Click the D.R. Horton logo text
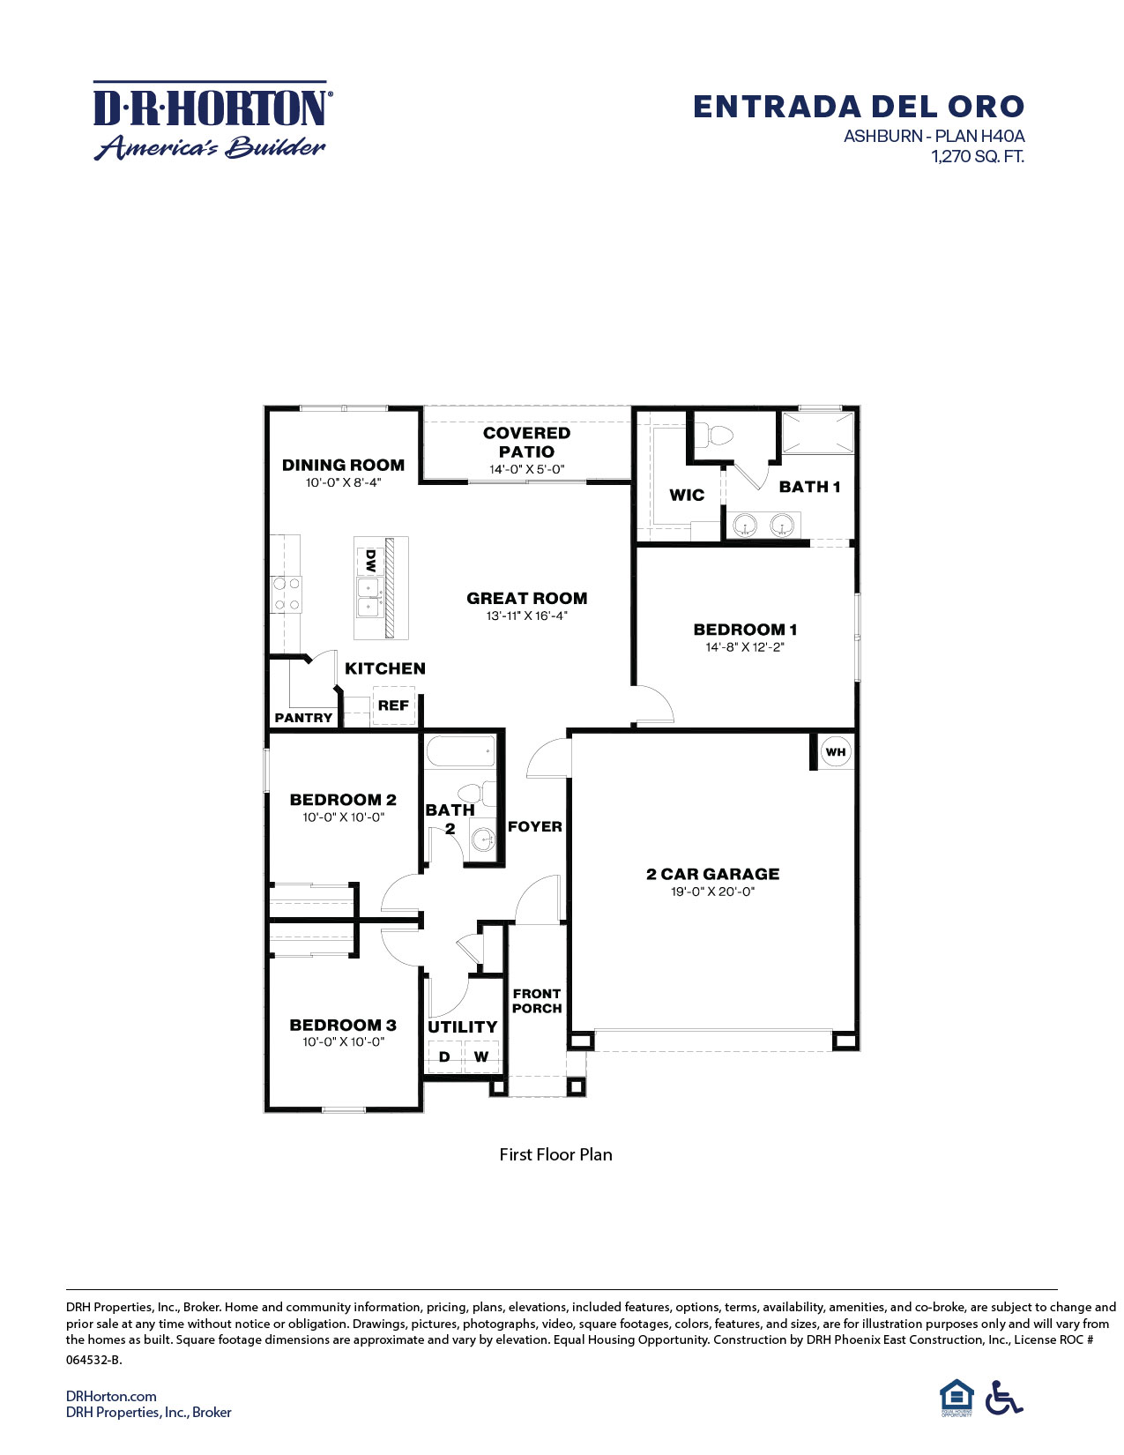coord(212,108)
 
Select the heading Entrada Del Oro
coord(858,107)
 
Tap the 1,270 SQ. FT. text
coord(978,157)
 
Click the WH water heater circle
coord(835,752)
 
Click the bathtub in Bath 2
coord(460,754)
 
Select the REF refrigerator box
coord(393,705)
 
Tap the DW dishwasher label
coord(370,559)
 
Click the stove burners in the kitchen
coord(287,593)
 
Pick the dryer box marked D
coord(444,1056)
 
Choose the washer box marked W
coord(481,1056)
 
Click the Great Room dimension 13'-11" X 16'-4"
coord(526,616)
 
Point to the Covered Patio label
coord(526,442)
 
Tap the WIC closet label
coord(687,495)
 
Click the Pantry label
coord(303,718)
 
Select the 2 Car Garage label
coord(712,874)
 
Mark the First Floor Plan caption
coord(555,1154)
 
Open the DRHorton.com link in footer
coord(111,1396)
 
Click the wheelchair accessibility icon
coord(1003,1397)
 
